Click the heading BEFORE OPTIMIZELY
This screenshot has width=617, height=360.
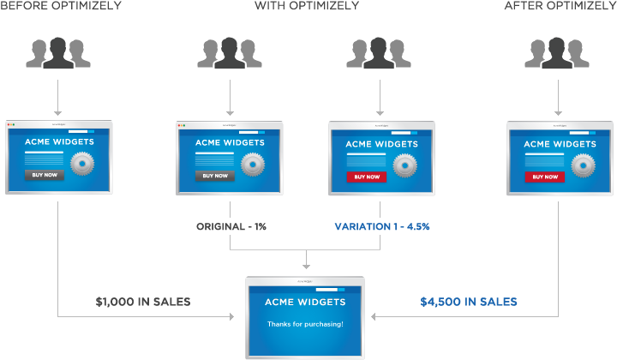coord(61,6)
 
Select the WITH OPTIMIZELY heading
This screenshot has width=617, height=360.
coord(307,6)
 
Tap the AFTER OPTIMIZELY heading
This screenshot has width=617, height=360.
coord(559,6)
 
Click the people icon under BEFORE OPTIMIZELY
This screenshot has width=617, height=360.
coord(58,52)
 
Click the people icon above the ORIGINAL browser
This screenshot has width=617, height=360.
coord(230,52)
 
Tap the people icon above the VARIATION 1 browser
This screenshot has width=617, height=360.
coord(379,52)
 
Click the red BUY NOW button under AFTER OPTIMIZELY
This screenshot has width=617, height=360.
coord(545,177)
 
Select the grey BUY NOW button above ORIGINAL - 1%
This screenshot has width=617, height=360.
coord(214,176)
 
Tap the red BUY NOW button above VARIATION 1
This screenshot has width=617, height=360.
coord(366,177)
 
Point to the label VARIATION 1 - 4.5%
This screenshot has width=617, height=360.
coord(382,226)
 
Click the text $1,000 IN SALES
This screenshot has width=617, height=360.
coord(143,302)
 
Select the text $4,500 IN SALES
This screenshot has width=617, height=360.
coord(469,302)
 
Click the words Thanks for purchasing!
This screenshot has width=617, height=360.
coord(305,324)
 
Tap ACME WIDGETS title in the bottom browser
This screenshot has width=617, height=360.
coord(305,302)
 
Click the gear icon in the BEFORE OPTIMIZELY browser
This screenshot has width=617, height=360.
coord(82,162)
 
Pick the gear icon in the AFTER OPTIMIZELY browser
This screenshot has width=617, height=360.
coord(584,162)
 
